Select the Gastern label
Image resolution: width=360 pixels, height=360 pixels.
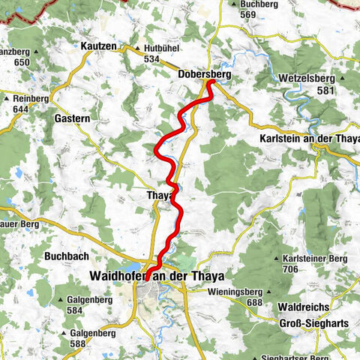73,118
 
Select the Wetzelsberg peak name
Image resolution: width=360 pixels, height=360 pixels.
305,76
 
